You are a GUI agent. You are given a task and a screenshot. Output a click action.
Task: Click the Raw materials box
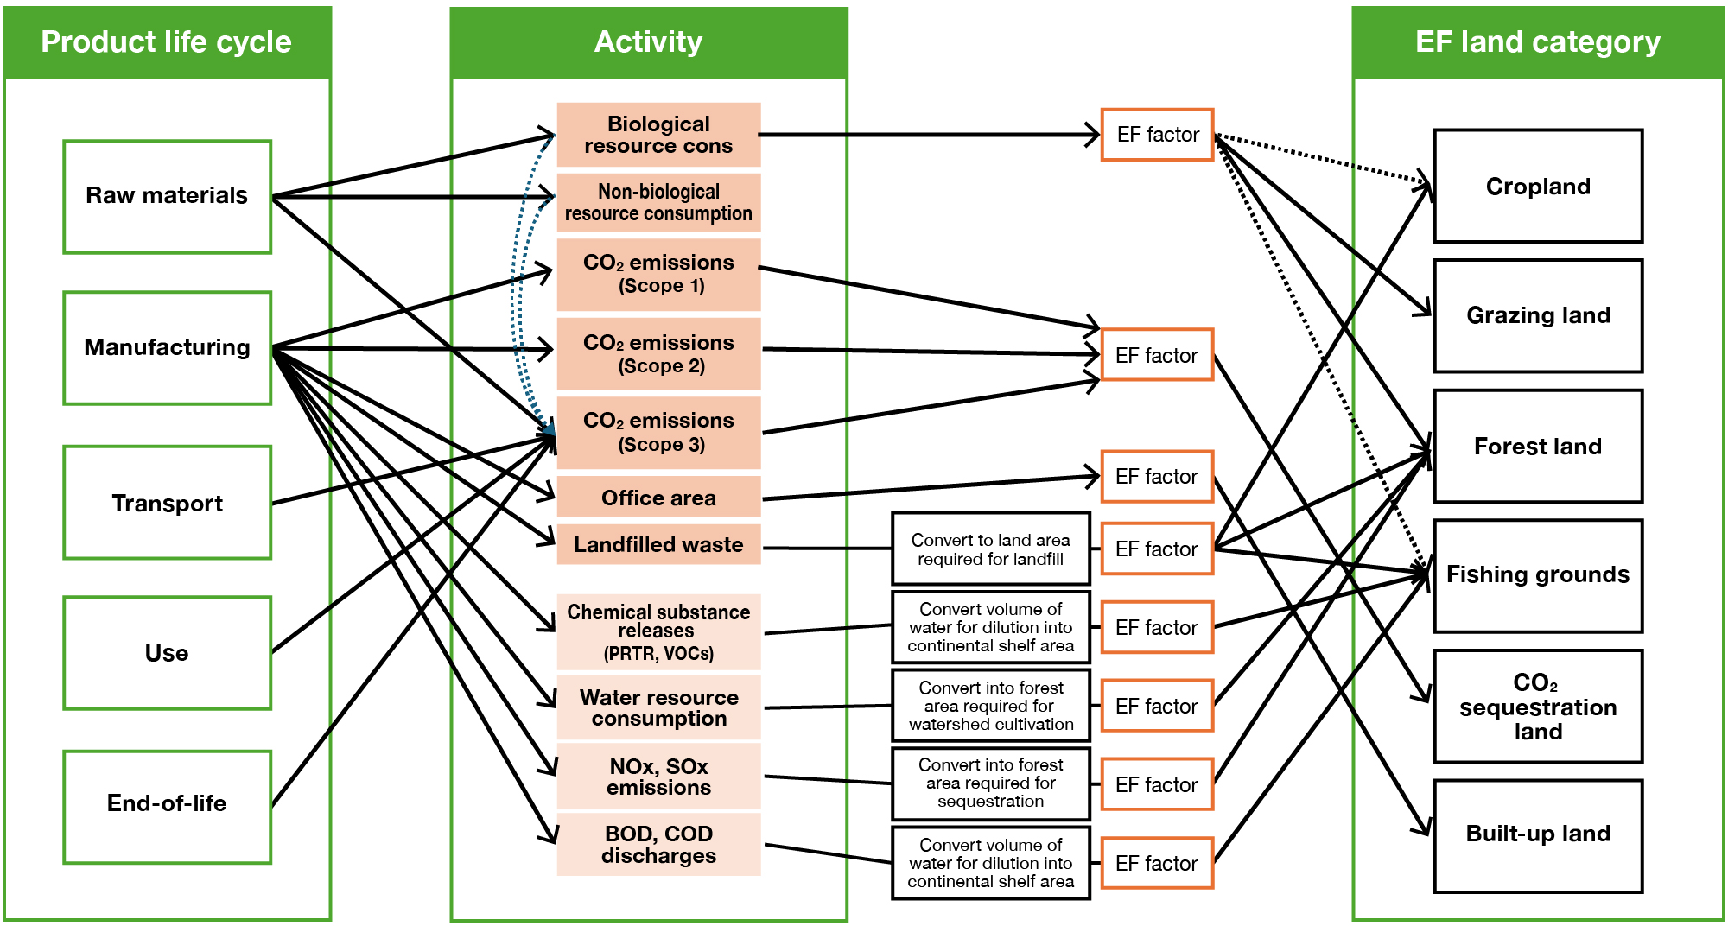tap(167, 196)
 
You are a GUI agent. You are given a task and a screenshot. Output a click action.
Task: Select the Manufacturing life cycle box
tap(167, 347)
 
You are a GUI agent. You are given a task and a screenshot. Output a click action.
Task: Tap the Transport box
tap(167, 503)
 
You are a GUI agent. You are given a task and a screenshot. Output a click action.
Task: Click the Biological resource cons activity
tap(658, 135)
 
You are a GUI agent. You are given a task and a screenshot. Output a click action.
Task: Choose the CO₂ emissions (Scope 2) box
tap(658, 354)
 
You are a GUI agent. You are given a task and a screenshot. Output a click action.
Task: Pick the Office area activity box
tap(658, 498)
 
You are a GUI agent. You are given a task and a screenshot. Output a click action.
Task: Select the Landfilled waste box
tap(658, 544)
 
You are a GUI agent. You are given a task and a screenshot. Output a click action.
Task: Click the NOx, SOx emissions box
tap(658, 777)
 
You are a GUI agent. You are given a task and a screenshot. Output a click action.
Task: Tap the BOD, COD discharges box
tap(658, 844)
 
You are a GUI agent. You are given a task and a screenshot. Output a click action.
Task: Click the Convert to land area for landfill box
tap(990, 549)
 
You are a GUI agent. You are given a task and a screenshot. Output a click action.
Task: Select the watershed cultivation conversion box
tap(990, 706)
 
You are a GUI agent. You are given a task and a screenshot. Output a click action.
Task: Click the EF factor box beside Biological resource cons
tap(1157, 135)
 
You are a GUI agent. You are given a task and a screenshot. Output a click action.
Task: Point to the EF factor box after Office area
tap(1157, 476)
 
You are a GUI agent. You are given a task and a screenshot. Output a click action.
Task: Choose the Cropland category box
tap(1538, 187)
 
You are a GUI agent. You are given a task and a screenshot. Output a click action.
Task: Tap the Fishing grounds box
tap(1538, 575)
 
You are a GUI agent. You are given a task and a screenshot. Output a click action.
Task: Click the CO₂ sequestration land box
tap(1538, 707)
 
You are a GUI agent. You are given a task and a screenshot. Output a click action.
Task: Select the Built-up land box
tap(1538, 834)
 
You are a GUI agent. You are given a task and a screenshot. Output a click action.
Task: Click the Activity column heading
tap(649, 42)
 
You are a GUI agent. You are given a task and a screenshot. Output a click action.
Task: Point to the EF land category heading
tap(1538, 42)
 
